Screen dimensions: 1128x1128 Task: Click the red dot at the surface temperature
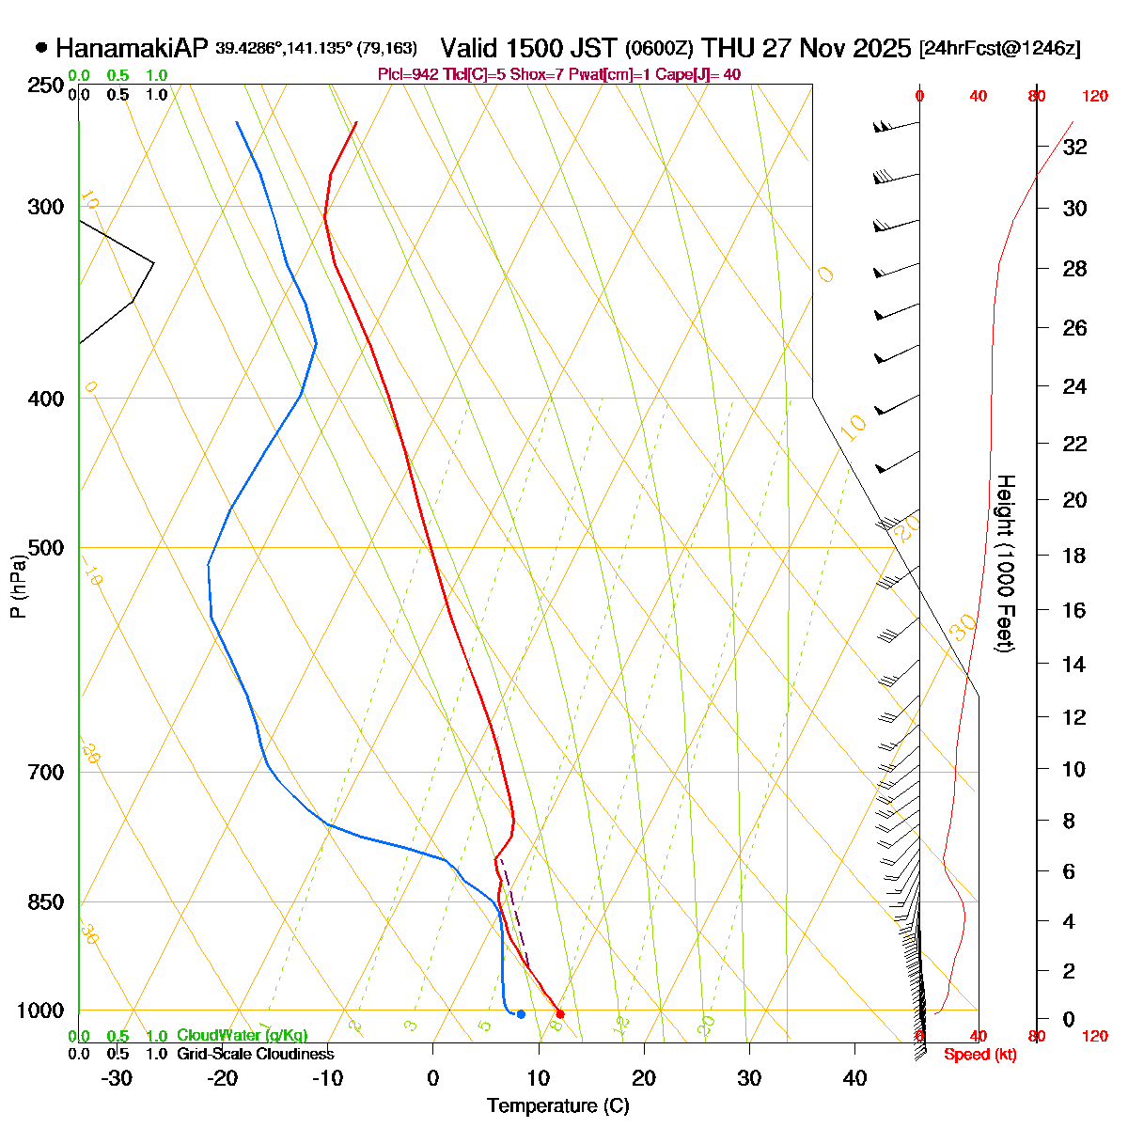pyautogui.click(x=560, y=1013)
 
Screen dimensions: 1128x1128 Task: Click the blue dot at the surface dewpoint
pyautogui.click(x=521, y=1013)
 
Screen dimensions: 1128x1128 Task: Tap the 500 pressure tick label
pyautogui.click(x=47, y=548)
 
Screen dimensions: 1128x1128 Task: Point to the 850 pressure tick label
pyautogui.click(x=47, y=902)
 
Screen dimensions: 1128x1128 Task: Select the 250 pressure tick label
pyautogui.click(x=47, y=86)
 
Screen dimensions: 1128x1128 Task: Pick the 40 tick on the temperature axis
pyautogui.click(x=854, y=1078)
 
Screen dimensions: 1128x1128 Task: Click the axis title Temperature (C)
pyautogui.click(x=557, y=1106)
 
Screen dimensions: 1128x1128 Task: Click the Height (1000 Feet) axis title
pyautogui.click(x=1004, y=564)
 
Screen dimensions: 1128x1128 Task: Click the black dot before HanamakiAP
pyautogui.click(x=41, y=47)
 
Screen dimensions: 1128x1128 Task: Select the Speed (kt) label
pyautogui.click(x=980, y=1055)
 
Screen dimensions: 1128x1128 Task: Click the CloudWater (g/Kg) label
pyautogui.click(x=243, y=1035)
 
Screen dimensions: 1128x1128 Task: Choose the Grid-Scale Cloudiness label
pyautogui.click(x=255, y=1055)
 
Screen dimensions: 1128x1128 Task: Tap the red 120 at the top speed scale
pyautogui.click(x=1094, y=96)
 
